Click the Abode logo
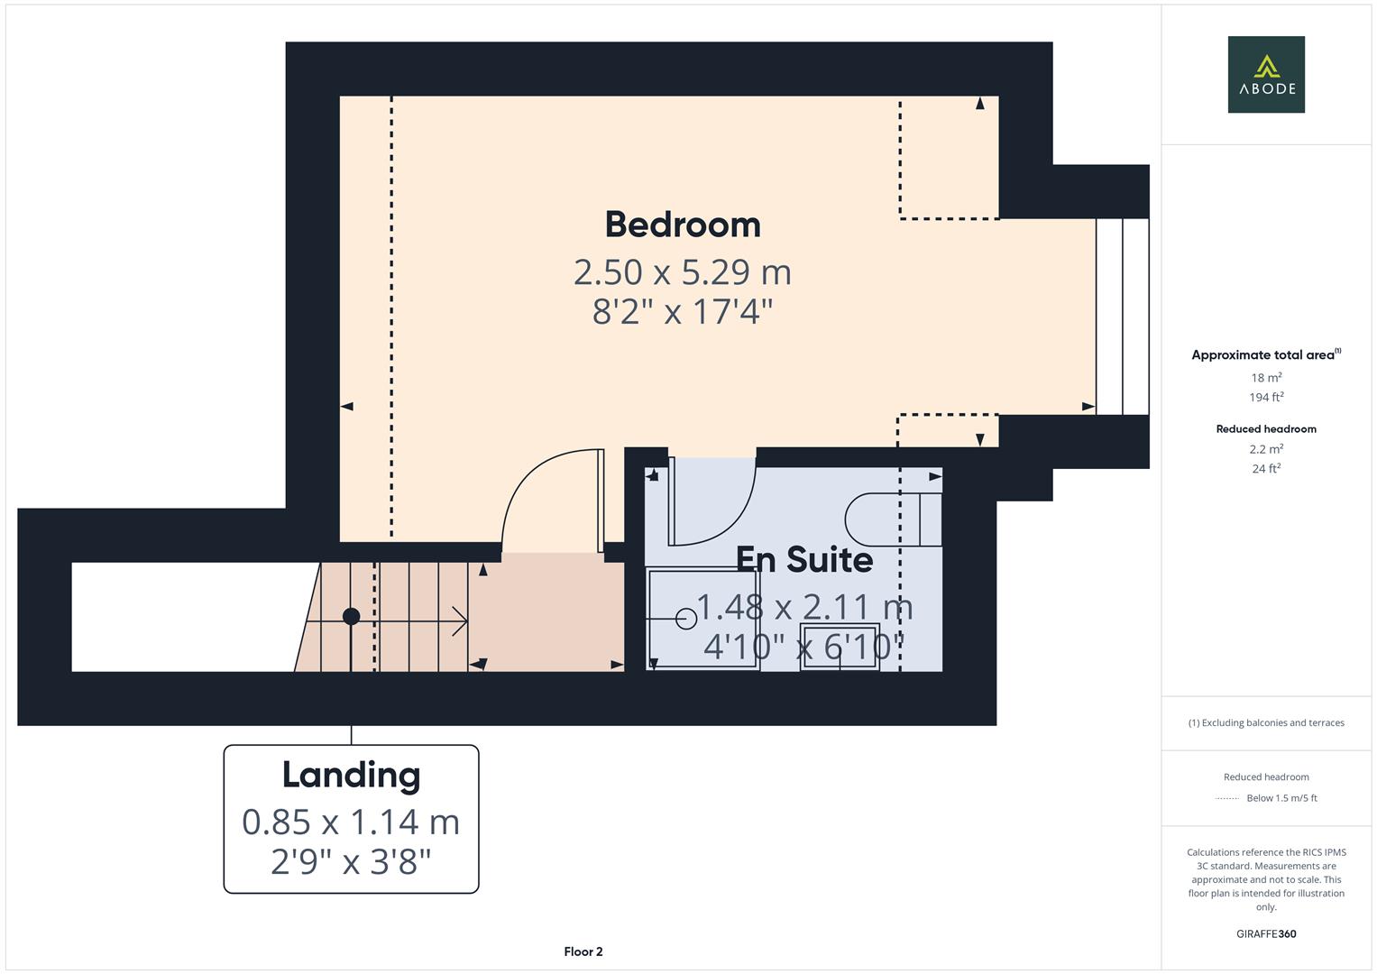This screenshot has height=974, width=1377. [1265, 74]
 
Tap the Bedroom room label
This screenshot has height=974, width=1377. [683, 225]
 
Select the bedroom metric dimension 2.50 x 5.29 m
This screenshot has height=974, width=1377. [683, 271]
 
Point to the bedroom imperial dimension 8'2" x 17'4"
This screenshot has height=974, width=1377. [683, 312]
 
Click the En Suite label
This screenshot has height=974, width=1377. [804, 559]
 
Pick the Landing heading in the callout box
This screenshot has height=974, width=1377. [351, 775]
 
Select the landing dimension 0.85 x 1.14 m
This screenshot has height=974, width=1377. [351, 822]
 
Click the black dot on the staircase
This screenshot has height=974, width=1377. [352, 617]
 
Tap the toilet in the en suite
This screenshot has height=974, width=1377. [893, 519]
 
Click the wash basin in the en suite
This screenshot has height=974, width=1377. [840, 647]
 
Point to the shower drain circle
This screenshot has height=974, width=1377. [685, 619]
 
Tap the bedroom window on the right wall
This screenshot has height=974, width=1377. [1122, 317]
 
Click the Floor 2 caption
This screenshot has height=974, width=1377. [583, 951]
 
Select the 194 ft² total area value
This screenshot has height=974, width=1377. [1266, 398]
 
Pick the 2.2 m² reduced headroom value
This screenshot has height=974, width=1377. [1266, 449]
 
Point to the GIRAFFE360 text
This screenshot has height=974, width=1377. [1265, 933]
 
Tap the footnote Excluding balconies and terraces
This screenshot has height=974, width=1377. [1265, 722]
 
